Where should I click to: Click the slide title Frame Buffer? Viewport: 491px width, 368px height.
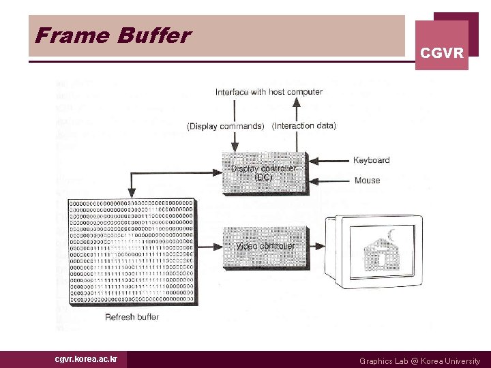(x=113, y=35)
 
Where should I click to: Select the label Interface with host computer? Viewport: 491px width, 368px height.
(x=269, y=92)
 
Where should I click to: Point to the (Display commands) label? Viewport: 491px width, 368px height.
(x=225, y=126)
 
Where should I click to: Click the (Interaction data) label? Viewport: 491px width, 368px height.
(x=303, y=126)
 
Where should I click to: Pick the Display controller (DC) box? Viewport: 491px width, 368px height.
(x=265, y=172)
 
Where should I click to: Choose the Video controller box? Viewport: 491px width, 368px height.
(x=265, y=246)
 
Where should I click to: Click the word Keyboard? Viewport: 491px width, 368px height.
(x=371, y=160)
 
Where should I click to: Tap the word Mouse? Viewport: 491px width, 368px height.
(x=367, y=181)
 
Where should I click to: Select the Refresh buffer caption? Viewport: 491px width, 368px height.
(x=132, y=317)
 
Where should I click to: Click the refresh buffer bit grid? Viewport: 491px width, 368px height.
(x=131, y=251)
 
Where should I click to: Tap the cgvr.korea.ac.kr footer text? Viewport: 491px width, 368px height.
(x=86, y=359)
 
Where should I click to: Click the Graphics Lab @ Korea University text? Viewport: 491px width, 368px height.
(x=419, y=361)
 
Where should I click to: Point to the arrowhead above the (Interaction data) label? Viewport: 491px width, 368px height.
(x=296, y=102)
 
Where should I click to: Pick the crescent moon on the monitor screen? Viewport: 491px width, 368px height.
(x=391, y=236)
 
